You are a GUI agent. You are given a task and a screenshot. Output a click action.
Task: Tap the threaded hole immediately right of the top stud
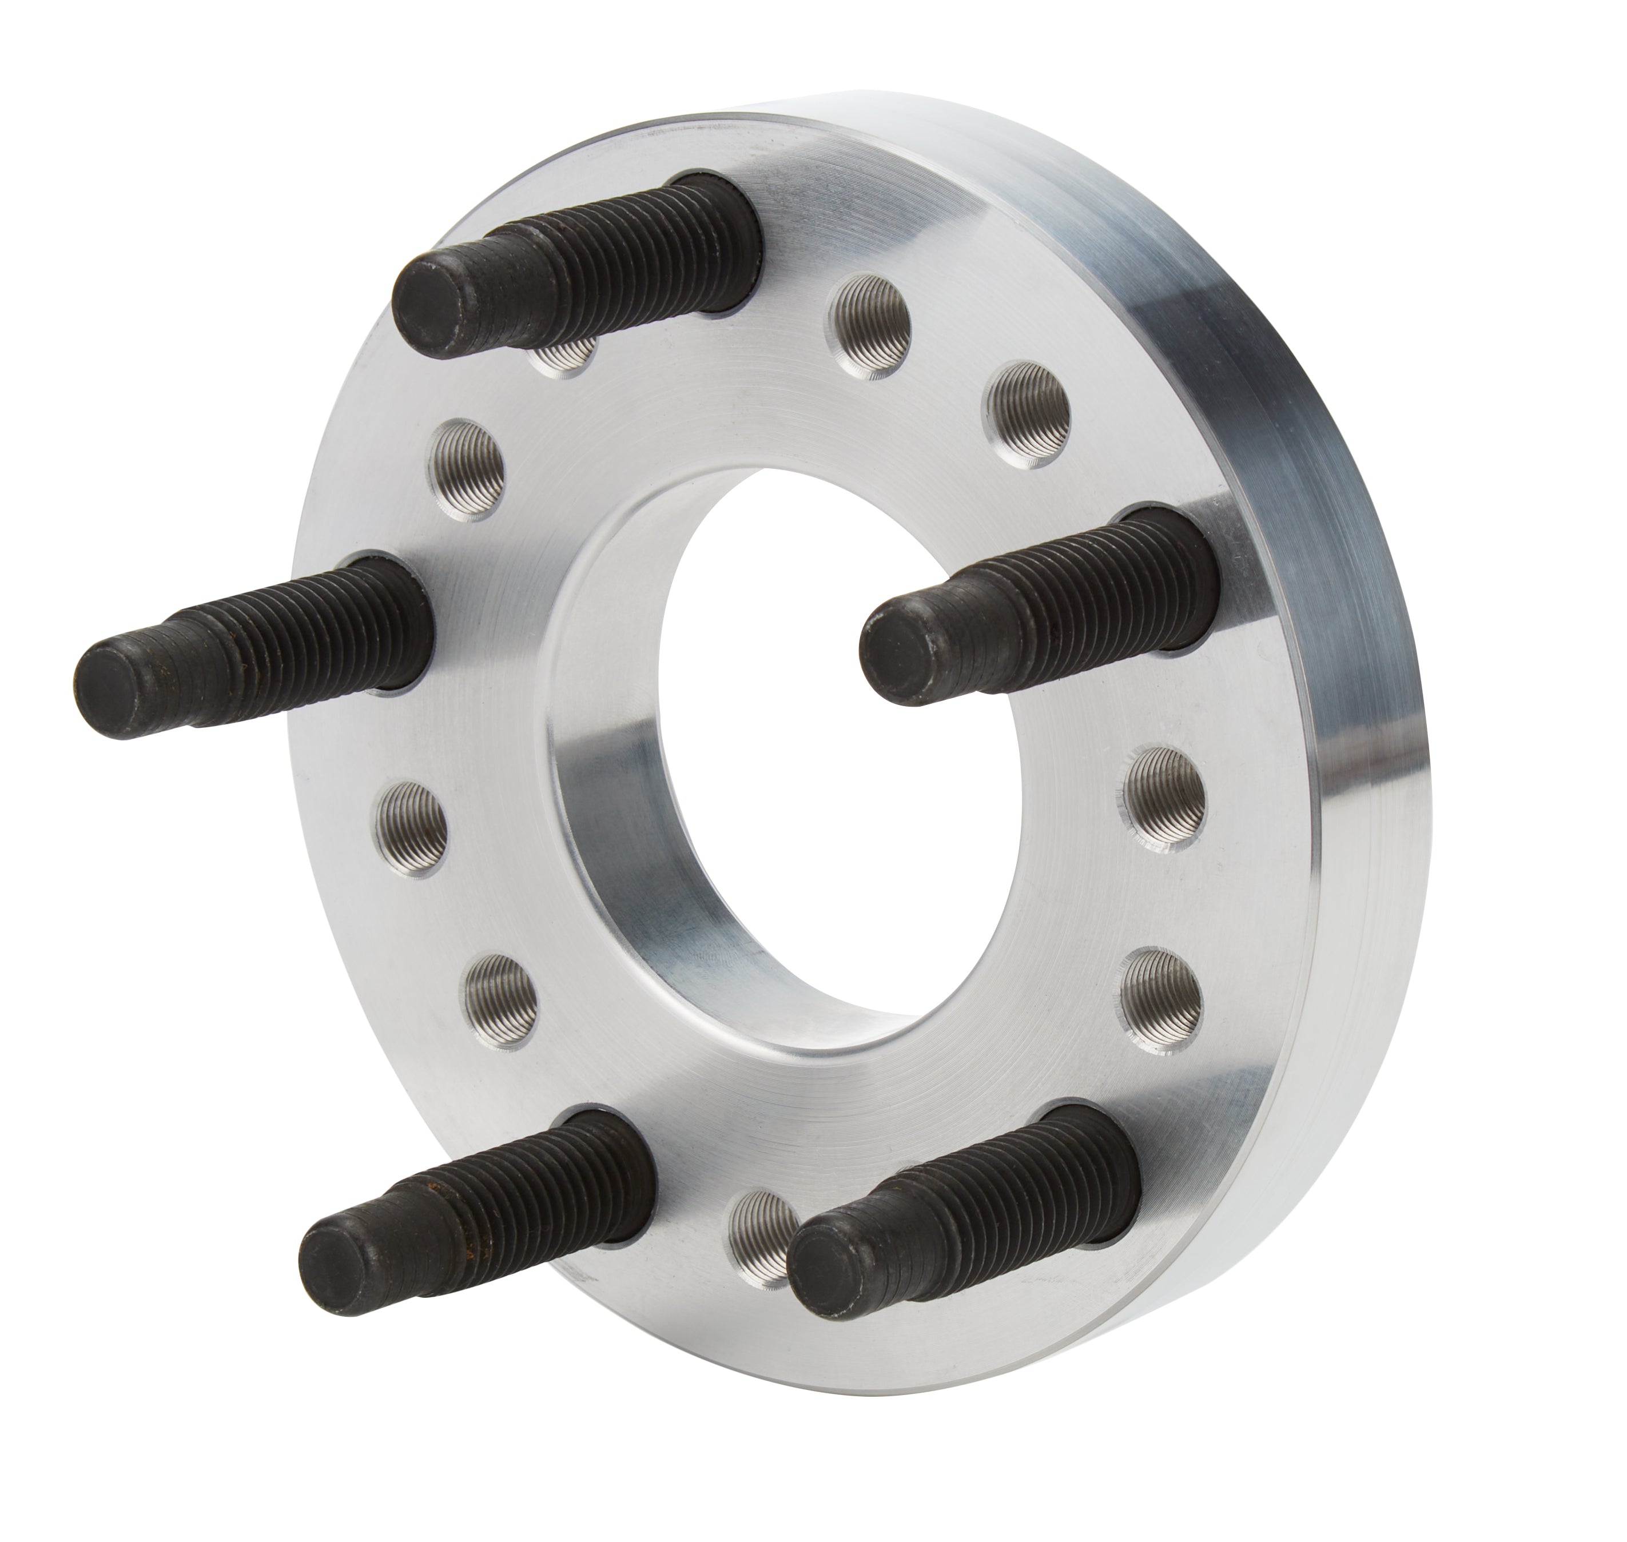click(x=870, y=316)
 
